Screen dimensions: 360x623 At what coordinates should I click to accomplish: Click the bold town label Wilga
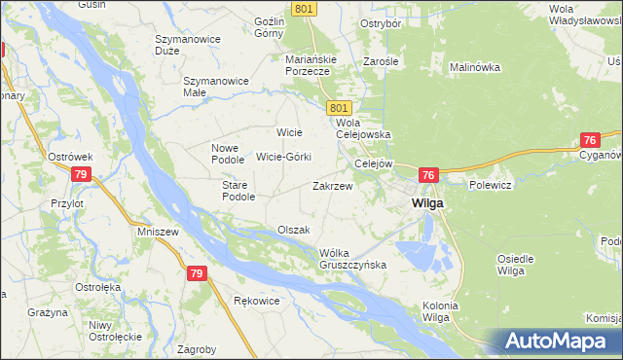(427, 203)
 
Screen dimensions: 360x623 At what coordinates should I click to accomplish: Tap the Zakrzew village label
(331, 185)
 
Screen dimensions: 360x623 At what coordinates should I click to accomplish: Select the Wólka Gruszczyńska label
(353, 259)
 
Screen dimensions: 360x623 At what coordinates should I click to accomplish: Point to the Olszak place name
(293, 230)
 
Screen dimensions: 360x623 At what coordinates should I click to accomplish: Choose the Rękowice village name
(257, 301)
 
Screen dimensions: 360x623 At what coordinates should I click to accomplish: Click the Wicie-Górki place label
(283, 157)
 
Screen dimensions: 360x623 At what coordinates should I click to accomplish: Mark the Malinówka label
(474, 68)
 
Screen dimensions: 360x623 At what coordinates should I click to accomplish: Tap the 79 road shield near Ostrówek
(82, 174)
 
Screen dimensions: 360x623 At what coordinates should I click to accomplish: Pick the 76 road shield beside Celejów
(428, 175)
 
